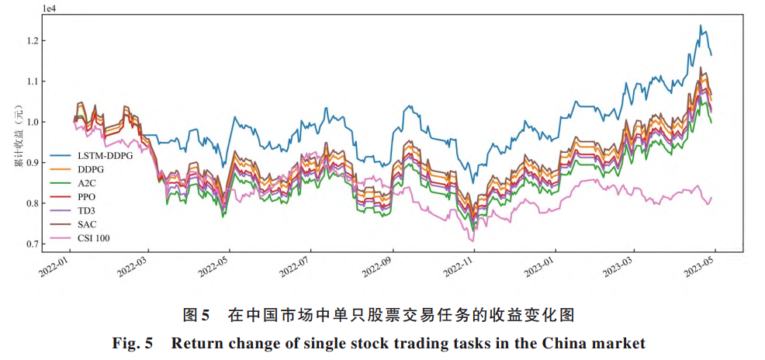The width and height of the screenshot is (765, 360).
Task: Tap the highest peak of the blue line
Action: [x=701, y=26]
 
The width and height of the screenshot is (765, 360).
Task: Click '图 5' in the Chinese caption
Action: [x=196, y=315]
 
